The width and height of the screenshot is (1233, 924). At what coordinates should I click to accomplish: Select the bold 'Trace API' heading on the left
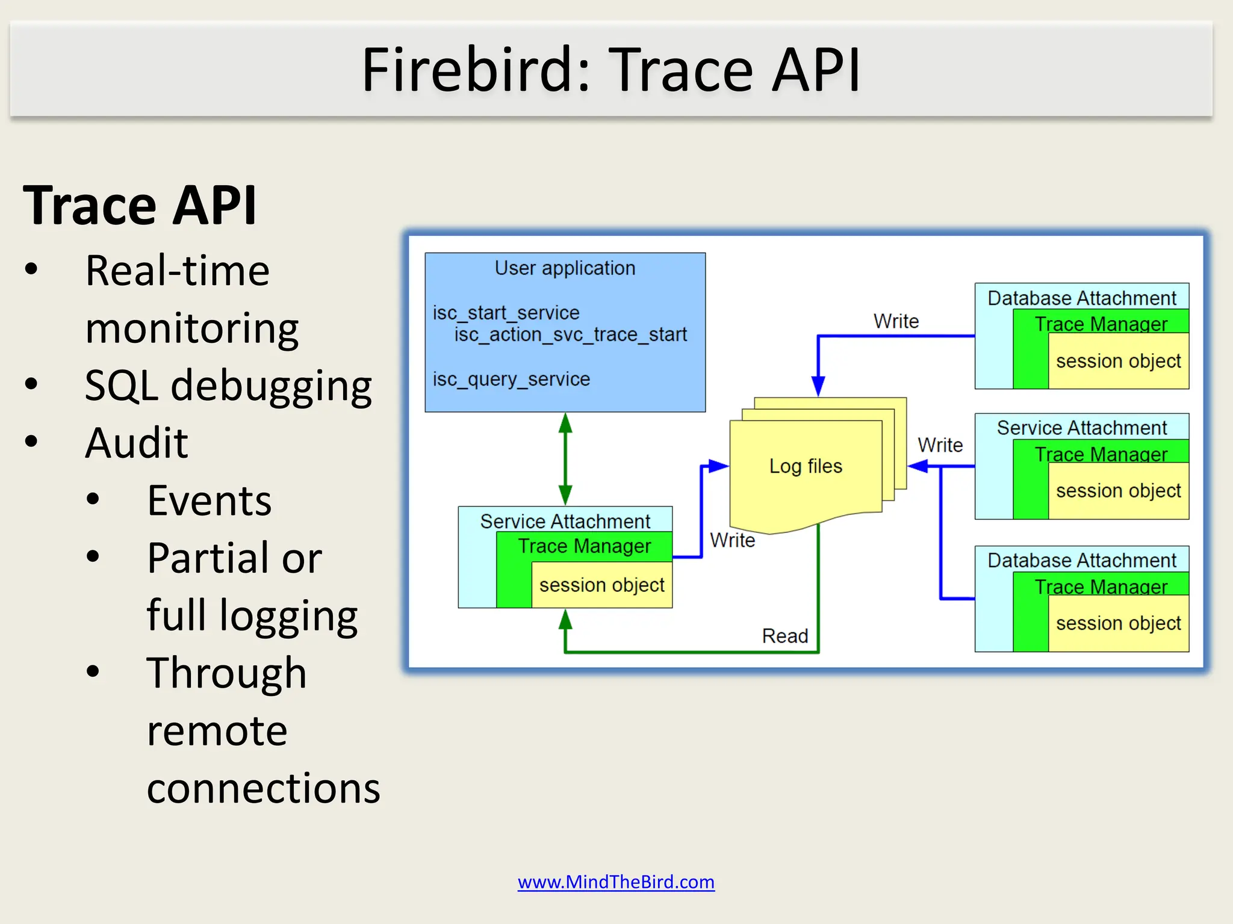(140, 205)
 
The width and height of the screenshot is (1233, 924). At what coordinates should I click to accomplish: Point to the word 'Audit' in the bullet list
(137, 443)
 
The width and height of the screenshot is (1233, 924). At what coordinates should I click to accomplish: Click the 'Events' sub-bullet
(209, 500)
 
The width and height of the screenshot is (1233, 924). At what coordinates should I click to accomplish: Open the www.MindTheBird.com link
(616, 882)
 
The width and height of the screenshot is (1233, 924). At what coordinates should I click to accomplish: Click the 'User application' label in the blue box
(565, 268)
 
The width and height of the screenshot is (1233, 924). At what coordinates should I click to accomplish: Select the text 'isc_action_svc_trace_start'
(570, 334)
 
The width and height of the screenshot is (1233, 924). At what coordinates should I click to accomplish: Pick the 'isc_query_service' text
(511, 379)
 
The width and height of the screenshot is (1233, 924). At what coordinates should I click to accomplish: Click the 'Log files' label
(806, 466)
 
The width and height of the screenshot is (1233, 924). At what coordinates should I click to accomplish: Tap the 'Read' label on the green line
(784, 636)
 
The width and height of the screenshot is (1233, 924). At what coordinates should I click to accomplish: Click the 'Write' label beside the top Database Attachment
(896, 321)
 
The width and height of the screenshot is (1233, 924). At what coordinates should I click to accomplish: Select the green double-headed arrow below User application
(565, 458)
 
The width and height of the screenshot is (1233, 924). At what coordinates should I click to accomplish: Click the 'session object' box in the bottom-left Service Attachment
(601, 585)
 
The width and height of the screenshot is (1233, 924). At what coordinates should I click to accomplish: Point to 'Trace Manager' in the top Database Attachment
(1101, 324)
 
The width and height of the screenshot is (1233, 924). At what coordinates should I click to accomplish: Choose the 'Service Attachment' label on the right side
(1081, 428)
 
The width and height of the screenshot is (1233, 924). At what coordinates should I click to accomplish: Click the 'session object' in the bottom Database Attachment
(1118, 623)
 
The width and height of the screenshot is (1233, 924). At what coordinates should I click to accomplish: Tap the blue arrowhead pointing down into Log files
(818, 385)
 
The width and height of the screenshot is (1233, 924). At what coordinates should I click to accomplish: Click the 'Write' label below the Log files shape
(732, 540)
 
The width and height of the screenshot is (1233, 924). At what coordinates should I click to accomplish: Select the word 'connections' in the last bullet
(263, 788)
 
